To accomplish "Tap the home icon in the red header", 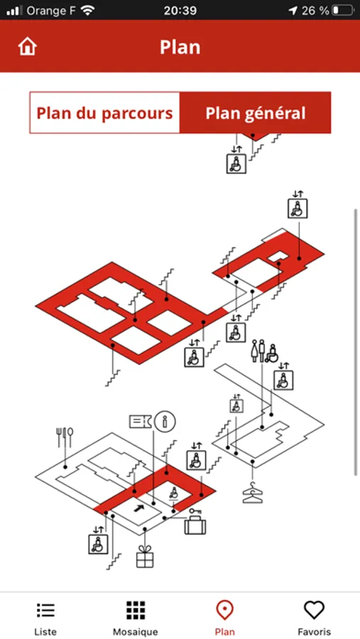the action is (27, 47).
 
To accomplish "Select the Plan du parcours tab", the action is (105, 113).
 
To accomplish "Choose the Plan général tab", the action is (255, 113).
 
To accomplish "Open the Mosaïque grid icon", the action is (136, 610).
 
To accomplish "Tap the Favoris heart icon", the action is (314, 610).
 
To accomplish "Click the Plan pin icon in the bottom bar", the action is (224, 610).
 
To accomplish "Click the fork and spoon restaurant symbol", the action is (65, 437).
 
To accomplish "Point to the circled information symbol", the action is (165, 421).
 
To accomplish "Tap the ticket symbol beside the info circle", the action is (141, 421).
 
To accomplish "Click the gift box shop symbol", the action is (145, 556).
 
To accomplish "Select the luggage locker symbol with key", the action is (195, 522).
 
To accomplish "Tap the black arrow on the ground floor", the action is (139, 508).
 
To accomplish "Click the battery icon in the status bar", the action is (343, 10).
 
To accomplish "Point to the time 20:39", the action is (180, 11).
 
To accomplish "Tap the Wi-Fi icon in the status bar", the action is (87, 10).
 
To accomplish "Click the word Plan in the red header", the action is (180, 48).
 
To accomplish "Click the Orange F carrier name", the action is (51, 11).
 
